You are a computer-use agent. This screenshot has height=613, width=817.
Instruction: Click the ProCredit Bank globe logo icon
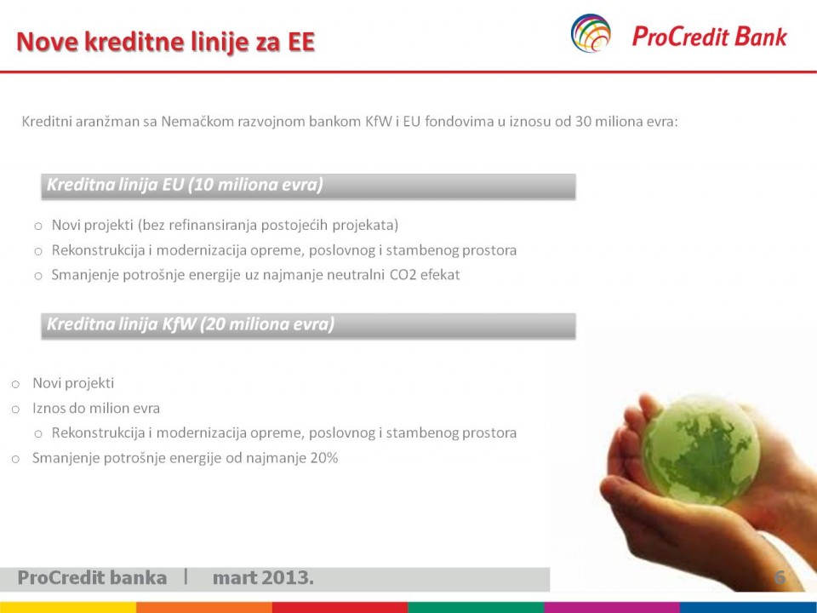(x=591, y=33)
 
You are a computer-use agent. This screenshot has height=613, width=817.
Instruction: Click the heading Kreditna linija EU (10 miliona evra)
(x=185, y=185)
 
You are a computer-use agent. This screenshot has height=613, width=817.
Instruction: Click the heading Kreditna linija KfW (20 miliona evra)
(x=191, y=324)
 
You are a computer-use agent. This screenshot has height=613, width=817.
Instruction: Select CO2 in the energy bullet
(x=403, y=275)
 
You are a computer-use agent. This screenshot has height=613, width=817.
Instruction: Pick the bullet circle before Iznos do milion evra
(x=15, y=410)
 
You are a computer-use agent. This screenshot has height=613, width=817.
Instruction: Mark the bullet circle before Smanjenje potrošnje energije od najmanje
(x=15, y=459)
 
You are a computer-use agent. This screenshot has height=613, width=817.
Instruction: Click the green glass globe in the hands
(x=700, y=450)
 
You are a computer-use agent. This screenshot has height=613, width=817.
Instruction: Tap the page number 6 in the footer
(x=780, y=577)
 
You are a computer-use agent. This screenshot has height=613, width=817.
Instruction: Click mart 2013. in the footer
(x=263, y=577)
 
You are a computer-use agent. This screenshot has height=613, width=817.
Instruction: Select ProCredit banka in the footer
(x=92, y=577)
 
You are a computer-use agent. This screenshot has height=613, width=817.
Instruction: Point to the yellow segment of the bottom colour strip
(x=68, y=608)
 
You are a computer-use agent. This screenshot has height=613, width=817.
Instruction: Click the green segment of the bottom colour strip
(x=477, y=608)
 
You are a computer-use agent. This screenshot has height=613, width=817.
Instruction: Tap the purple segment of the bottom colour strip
(x=612, y=608)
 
